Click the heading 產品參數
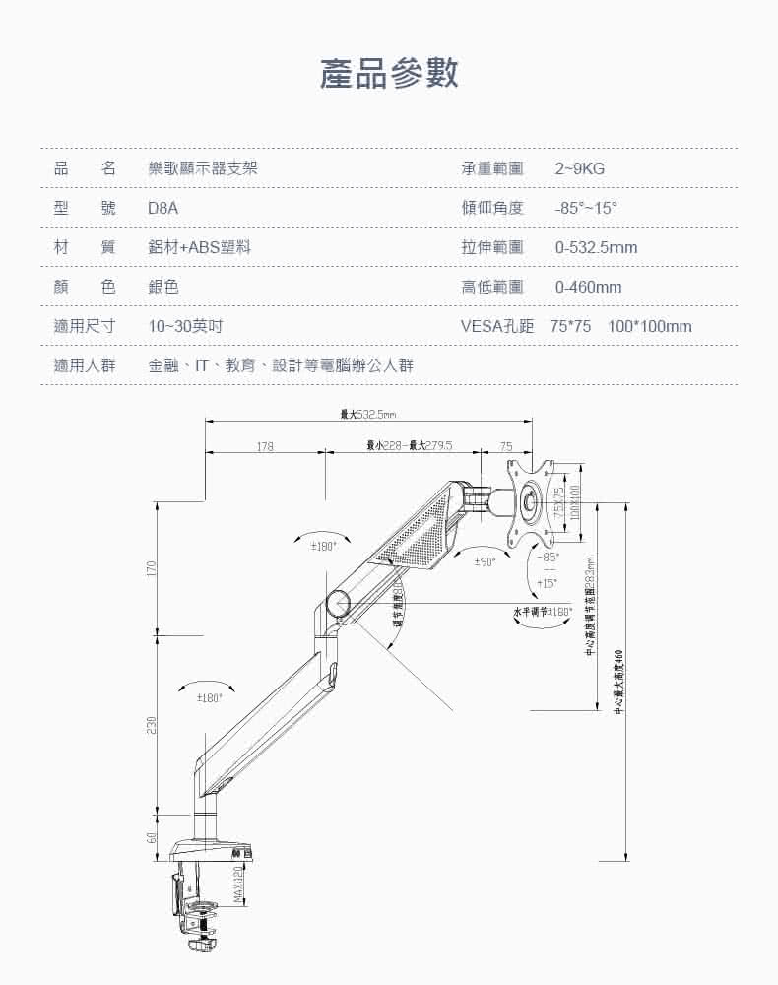[x=389, y=74]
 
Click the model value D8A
[x=163, y=209]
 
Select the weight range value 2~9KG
[x=580, y=169]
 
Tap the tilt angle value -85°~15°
[x=586, y=209]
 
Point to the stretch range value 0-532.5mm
[x=596, y=248]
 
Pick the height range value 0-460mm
[x=588, y=288]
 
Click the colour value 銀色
[x=163, y=288]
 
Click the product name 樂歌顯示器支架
[x=203, y=169]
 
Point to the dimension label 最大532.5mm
[x=367, y=414]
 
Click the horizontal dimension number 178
[x=264, y=447]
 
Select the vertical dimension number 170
[x=151, y=569]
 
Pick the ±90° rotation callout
[x=485, y=561]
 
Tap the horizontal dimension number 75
[x=506, y=447]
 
